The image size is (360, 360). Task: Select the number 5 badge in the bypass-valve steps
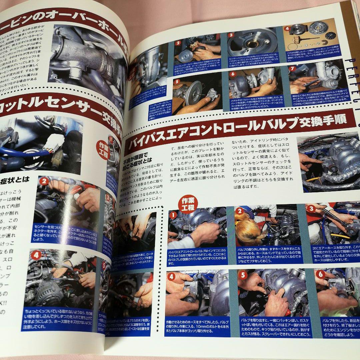(243, 275)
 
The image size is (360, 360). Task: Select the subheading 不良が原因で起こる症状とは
(137, 159)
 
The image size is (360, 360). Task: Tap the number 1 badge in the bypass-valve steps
(173, 215)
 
